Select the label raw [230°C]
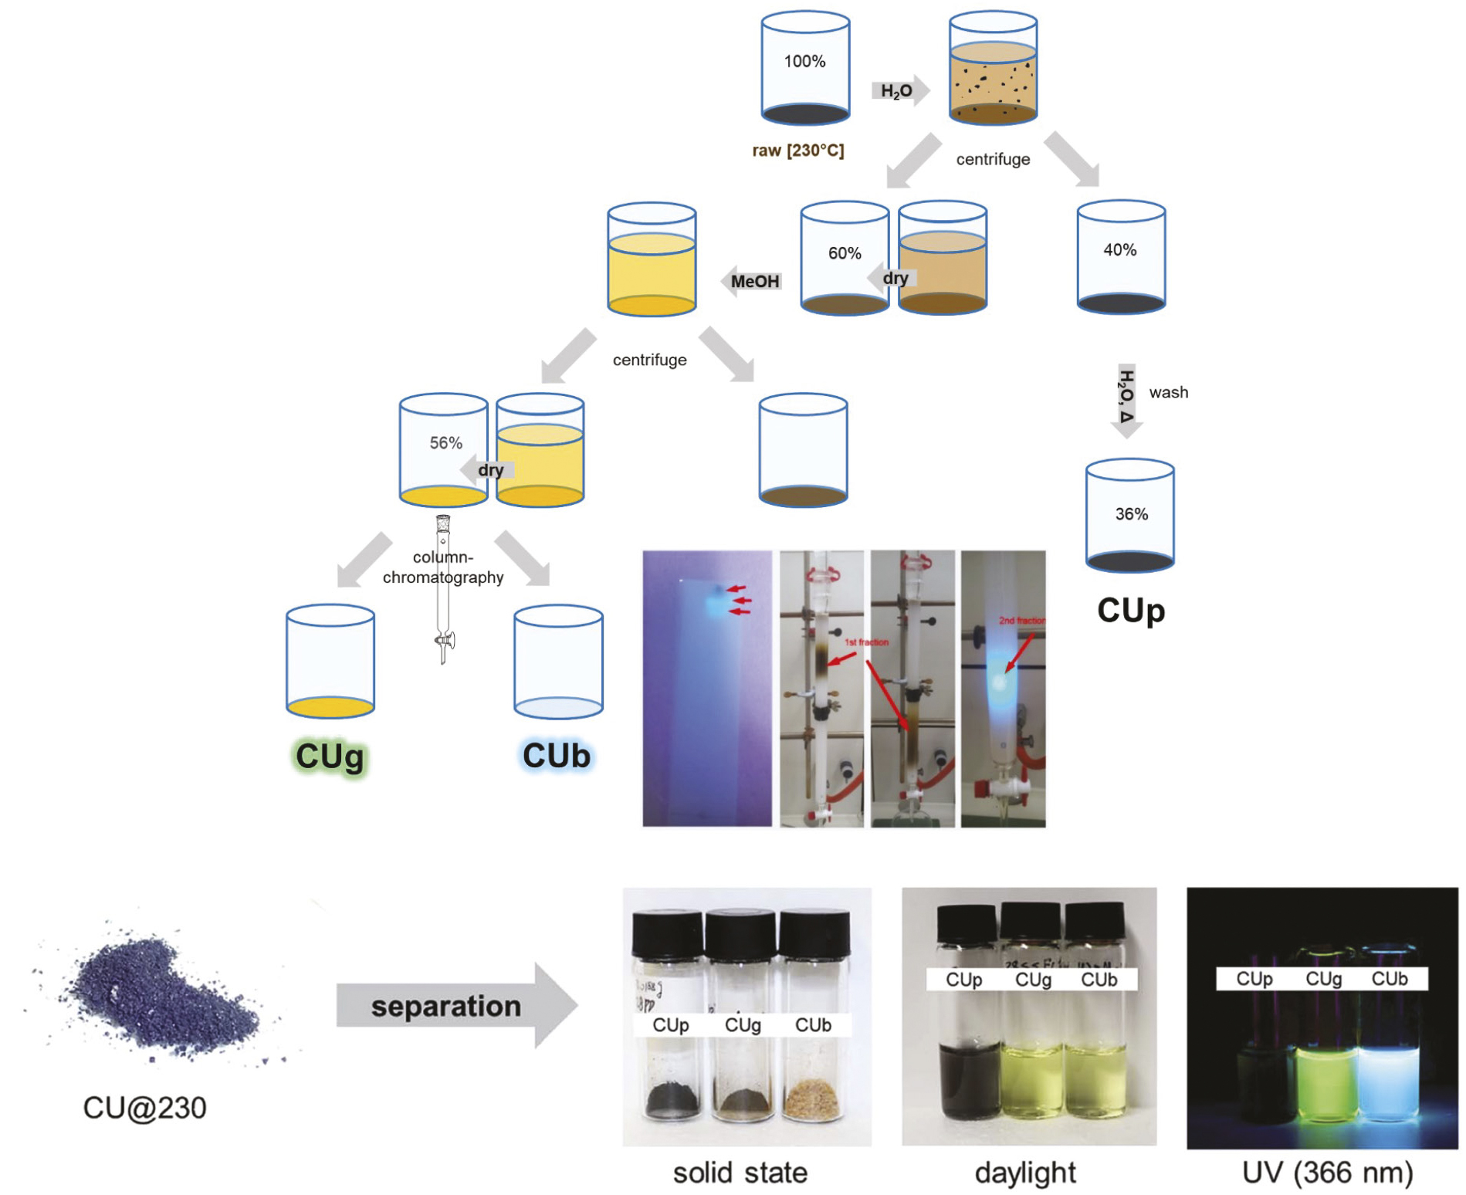(x=798, y=151)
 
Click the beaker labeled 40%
(x=1121, y=256)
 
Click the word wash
(x=1169, y=392)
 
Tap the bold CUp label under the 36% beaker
(x=1131, y=611)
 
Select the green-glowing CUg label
(x=330, y=757)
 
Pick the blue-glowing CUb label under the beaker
(x=557, y=756)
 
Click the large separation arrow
(x=455, y=1006)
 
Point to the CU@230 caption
(x=144, y=1108)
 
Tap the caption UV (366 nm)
(x=1328, y=1173)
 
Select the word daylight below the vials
(x=1025, y=1173)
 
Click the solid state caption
(x=740, y=1173)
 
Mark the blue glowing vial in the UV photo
(x=1388, y=1081)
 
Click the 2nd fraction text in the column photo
(x=1021, y=621)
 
